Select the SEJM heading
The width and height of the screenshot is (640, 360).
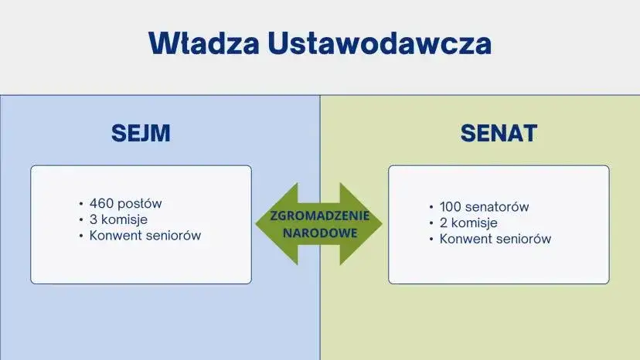click(x=141, y=134)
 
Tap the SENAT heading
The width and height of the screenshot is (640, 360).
click(x=499, y=134)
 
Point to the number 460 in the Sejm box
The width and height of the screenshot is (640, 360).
click(x=101, y=204)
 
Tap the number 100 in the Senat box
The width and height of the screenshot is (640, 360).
click(x=451, y=207)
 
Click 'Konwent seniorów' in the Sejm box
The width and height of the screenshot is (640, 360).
click(x=145, y=236)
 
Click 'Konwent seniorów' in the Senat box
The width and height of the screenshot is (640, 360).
click(x=495, y=239)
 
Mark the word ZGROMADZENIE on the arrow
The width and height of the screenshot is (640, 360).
click(x=318, y=216)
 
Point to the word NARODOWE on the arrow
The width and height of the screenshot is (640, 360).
click(x=318, y=232)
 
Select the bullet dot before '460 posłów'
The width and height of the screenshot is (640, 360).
click(x=81, y=204)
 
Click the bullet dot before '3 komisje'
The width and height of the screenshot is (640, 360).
click(x=81, y=219)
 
